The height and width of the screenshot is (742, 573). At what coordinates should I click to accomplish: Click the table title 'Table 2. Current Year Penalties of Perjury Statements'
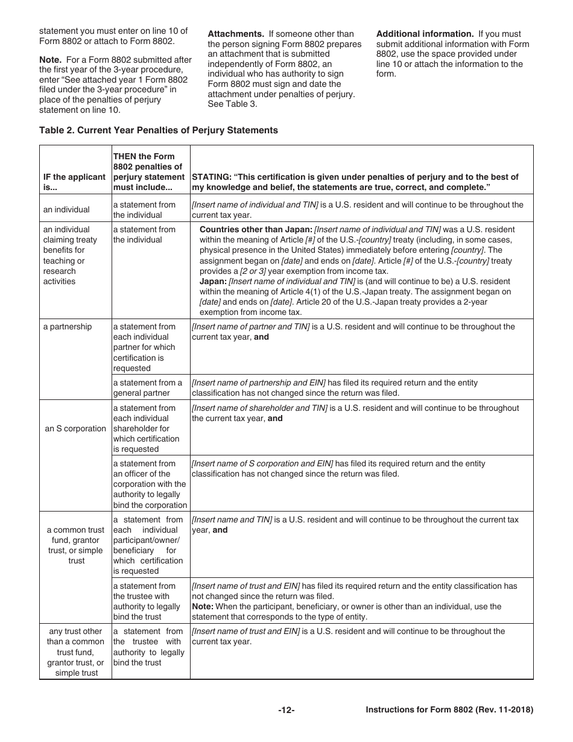tap(158, 130)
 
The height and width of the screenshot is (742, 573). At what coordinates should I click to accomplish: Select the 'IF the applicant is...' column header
tap(74, 182)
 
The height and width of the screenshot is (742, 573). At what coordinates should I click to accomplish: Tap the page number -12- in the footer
tap(286, 711)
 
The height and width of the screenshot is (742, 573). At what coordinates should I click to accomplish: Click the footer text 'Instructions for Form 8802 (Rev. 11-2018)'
tap(449, 711)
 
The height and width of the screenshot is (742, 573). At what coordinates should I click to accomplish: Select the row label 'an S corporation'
tap(75, 429)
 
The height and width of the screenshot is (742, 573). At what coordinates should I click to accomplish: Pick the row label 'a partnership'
tap(68, 327)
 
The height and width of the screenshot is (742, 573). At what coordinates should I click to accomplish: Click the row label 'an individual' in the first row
tap(66, 210)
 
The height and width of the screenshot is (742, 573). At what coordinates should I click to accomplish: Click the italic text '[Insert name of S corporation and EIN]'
tap(262, 463)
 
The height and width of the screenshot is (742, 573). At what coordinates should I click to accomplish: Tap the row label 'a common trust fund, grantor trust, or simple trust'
tap(76, 545)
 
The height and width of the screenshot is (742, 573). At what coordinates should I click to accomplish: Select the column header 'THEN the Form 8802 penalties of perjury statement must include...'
tap(149, 172)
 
